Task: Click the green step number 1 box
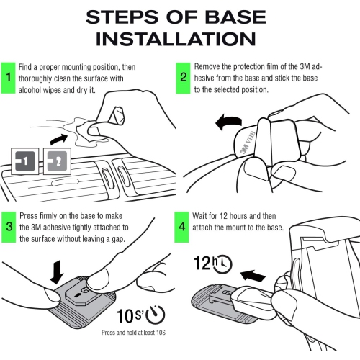(8, 78)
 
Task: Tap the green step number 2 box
(183, 78)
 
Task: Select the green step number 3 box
(9, 227)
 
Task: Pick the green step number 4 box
(181, 227)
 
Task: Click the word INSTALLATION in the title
(176, 39)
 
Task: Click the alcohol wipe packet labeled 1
(25, 161)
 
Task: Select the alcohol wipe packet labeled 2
(57, 161)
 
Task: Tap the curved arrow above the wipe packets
(59, 139)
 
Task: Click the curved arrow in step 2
(229, 122)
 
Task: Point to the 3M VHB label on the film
(248, 143)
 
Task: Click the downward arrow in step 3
(57, 272)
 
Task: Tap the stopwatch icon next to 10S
(156, 315)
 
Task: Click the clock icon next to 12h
(223, 264)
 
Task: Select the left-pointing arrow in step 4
(253, 276)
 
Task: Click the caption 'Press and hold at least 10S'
(133, 333)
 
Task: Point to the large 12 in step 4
(202, 263)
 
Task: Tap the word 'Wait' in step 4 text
(199, 216)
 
